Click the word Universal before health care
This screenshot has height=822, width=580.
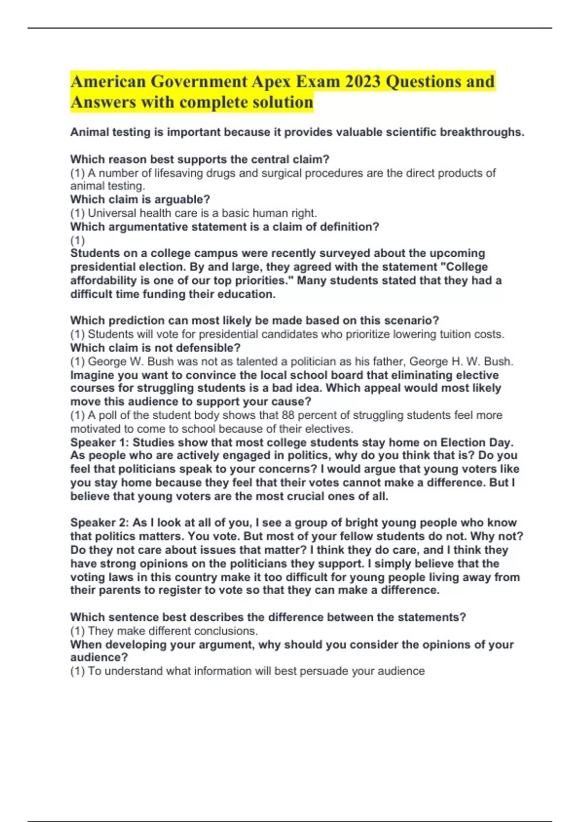(112, 213)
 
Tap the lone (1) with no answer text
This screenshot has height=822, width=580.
(77, 240)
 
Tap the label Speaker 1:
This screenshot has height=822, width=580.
(100, 442)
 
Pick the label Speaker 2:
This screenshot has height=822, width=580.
(100, 522)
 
